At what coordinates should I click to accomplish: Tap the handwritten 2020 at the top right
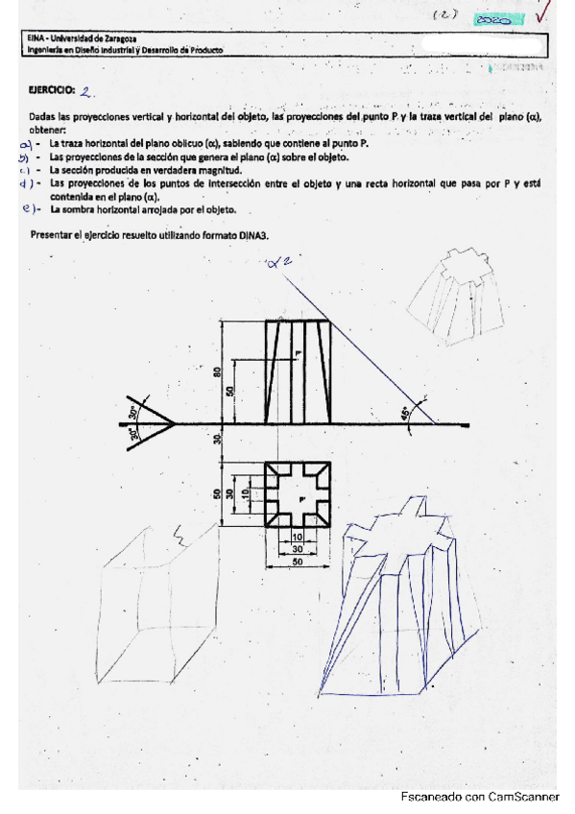coord(493,18)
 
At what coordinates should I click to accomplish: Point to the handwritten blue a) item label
coord(27,144)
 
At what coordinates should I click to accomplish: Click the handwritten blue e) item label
coord(29,207)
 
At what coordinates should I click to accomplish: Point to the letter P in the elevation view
coord(299,354)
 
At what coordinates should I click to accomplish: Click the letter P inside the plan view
coord(299,499)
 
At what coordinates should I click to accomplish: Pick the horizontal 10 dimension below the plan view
coord(297,536)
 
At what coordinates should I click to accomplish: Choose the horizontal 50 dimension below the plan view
coord(297,562)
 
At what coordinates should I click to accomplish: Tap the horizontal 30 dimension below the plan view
coord(297,549)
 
